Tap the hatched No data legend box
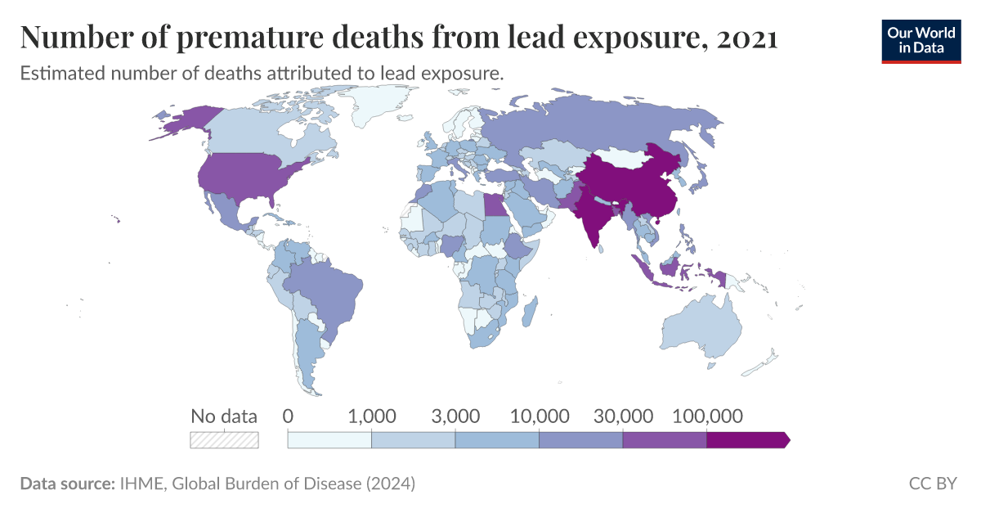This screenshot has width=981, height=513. [224, 440]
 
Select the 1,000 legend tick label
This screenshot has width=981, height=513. [372, 416]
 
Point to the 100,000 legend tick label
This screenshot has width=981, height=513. [706, 416]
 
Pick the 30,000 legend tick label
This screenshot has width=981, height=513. [622, 416]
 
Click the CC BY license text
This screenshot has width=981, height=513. [933, 484]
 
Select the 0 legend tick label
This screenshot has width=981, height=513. [288, 416]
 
